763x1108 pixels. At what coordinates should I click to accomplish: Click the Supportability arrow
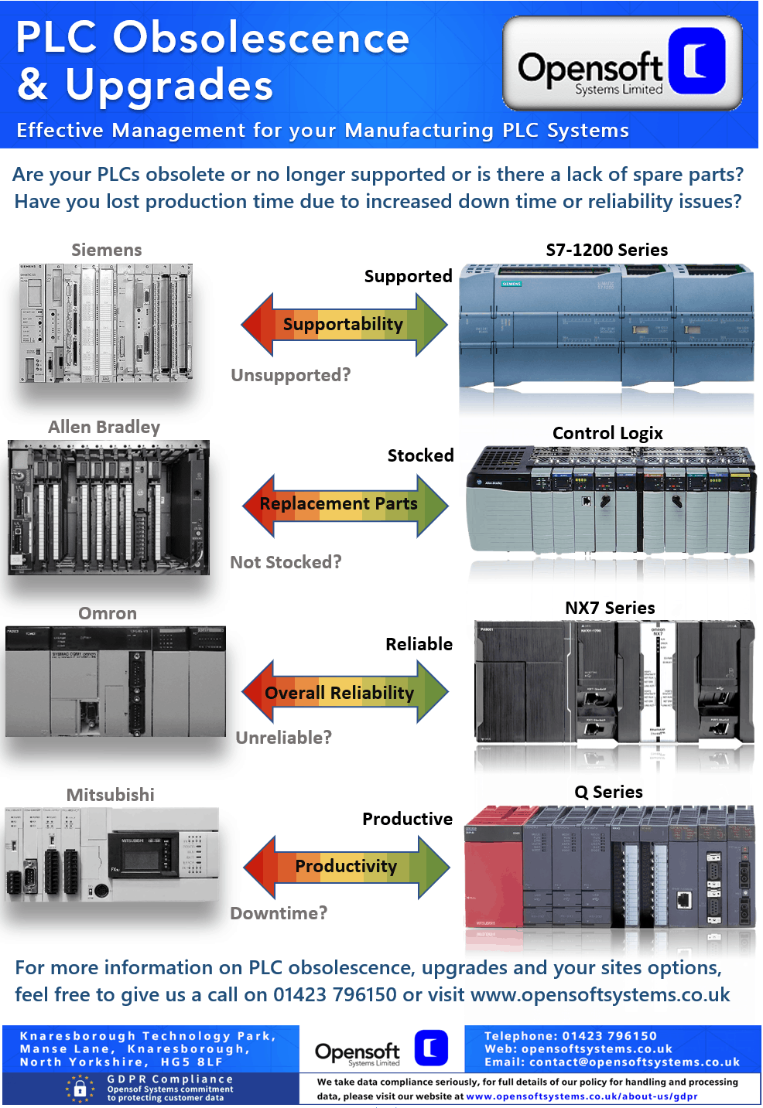tap(344, 324)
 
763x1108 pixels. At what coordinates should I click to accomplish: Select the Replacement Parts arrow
tap(344, 504)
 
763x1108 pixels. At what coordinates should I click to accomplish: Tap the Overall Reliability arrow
tap(344, 692)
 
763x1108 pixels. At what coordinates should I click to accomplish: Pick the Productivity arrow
tap(346, 866)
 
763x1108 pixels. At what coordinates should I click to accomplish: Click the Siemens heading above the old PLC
tap(107, 251)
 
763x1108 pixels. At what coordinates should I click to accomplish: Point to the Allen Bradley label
tap(104, 428)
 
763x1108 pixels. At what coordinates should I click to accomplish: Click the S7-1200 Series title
tap(607, 251)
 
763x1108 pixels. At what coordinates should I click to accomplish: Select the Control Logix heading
tap(607, 434)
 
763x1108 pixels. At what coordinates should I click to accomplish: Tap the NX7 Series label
tap(610, 609)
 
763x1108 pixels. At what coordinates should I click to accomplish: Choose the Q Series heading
tap(608, 793)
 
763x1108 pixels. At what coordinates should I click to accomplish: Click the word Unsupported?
tap(291, 376)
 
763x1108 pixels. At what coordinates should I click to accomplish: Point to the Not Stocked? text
tap(286, 563)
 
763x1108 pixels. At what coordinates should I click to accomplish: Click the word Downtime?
tap(279, 914)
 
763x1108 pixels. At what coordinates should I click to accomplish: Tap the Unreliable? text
tap(283, 738)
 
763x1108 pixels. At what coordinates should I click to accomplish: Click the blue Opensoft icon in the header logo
tap(697, 61)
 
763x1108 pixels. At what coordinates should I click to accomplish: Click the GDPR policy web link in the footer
tap(582, 1096)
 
